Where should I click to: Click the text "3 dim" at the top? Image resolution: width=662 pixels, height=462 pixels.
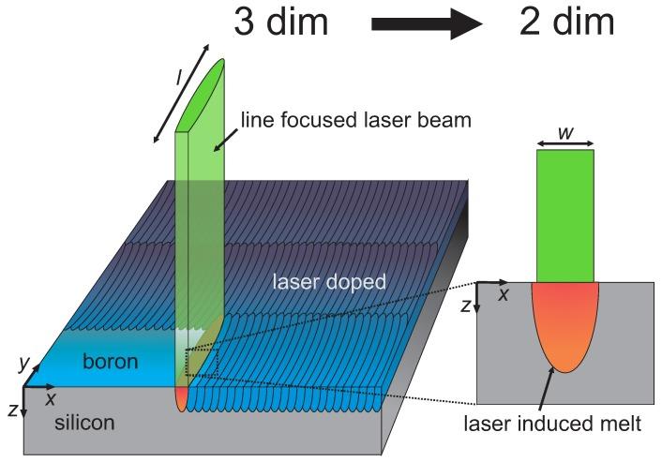pos(280,22)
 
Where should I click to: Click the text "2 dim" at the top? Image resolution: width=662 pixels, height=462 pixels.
pos(566,22)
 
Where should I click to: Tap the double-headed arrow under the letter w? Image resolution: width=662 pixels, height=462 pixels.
pos(564,144)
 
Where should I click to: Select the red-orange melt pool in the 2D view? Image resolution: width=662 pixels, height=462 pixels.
pos(564,323)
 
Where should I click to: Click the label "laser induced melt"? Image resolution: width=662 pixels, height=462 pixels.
pos(553,425)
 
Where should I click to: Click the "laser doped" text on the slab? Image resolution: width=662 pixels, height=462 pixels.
pos(329,281)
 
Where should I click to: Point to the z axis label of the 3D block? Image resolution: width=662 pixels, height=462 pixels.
pos(10,409)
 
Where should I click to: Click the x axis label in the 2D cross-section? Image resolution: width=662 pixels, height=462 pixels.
pos(503,295)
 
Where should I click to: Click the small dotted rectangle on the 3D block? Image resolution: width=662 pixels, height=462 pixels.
pos(202,362)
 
